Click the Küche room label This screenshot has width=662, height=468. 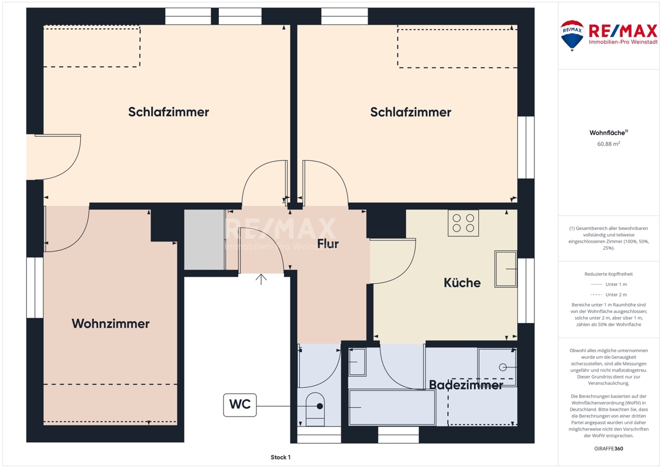coord(462,283)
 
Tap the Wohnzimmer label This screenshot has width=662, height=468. coord(111,324)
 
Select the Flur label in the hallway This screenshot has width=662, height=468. coord(328,243)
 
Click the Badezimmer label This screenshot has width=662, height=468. coord(466,385)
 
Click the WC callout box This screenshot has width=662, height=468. coord(240,405)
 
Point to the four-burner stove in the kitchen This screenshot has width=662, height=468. coord(463,223)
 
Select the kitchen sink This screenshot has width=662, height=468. coord(506,269)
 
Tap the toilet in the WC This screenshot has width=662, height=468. coord(315,408)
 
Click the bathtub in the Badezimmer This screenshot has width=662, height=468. coord(392,407)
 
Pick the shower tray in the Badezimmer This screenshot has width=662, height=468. coord(498,367)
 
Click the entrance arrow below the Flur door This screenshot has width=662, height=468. coord(261,279)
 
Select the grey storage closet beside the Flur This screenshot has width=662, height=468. coord(204,239)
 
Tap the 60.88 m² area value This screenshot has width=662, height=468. coord(608,144)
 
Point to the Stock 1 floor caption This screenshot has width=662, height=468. coord(280,457)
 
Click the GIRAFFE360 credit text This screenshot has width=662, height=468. coord(608,449)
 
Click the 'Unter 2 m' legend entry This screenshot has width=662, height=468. coord(609,295)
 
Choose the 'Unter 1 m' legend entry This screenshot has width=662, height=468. coord(609,284)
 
